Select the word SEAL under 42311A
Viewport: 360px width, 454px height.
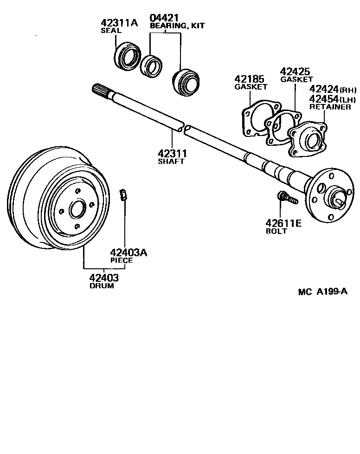[x=111, y=31]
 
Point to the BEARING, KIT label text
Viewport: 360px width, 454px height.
[x=177, y=26]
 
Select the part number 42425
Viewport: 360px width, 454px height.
[x=295, y=71]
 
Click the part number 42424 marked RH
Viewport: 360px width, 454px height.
[x=324, y=89]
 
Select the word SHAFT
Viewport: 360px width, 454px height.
[x=171, y=162]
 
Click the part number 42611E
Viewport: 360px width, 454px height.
[x=283, y=223]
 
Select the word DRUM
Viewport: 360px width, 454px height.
[x=102, y=286]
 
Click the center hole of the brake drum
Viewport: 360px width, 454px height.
[x=77, y=210]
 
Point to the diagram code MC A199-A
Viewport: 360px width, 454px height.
[x=322, y=292]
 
